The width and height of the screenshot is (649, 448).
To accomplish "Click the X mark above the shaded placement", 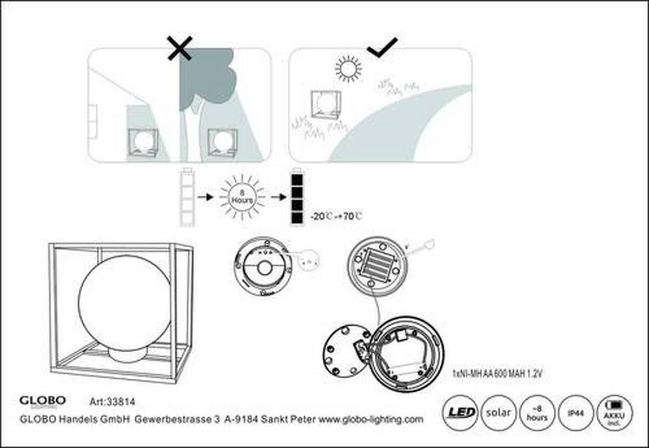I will [180, 49].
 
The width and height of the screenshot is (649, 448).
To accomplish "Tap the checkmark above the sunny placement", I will [382, 48].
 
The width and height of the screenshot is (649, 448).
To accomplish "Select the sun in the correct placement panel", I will [348, 69].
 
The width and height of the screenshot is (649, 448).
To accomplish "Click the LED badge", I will [461, 413].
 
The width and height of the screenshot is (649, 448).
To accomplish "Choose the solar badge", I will [498, 413].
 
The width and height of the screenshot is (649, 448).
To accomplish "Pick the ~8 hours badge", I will [537, 413].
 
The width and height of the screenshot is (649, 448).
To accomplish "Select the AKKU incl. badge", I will [614, 413].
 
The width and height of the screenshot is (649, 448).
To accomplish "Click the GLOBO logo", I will [43, 401].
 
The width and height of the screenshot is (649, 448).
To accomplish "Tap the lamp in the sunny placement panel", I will [326, 106].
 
